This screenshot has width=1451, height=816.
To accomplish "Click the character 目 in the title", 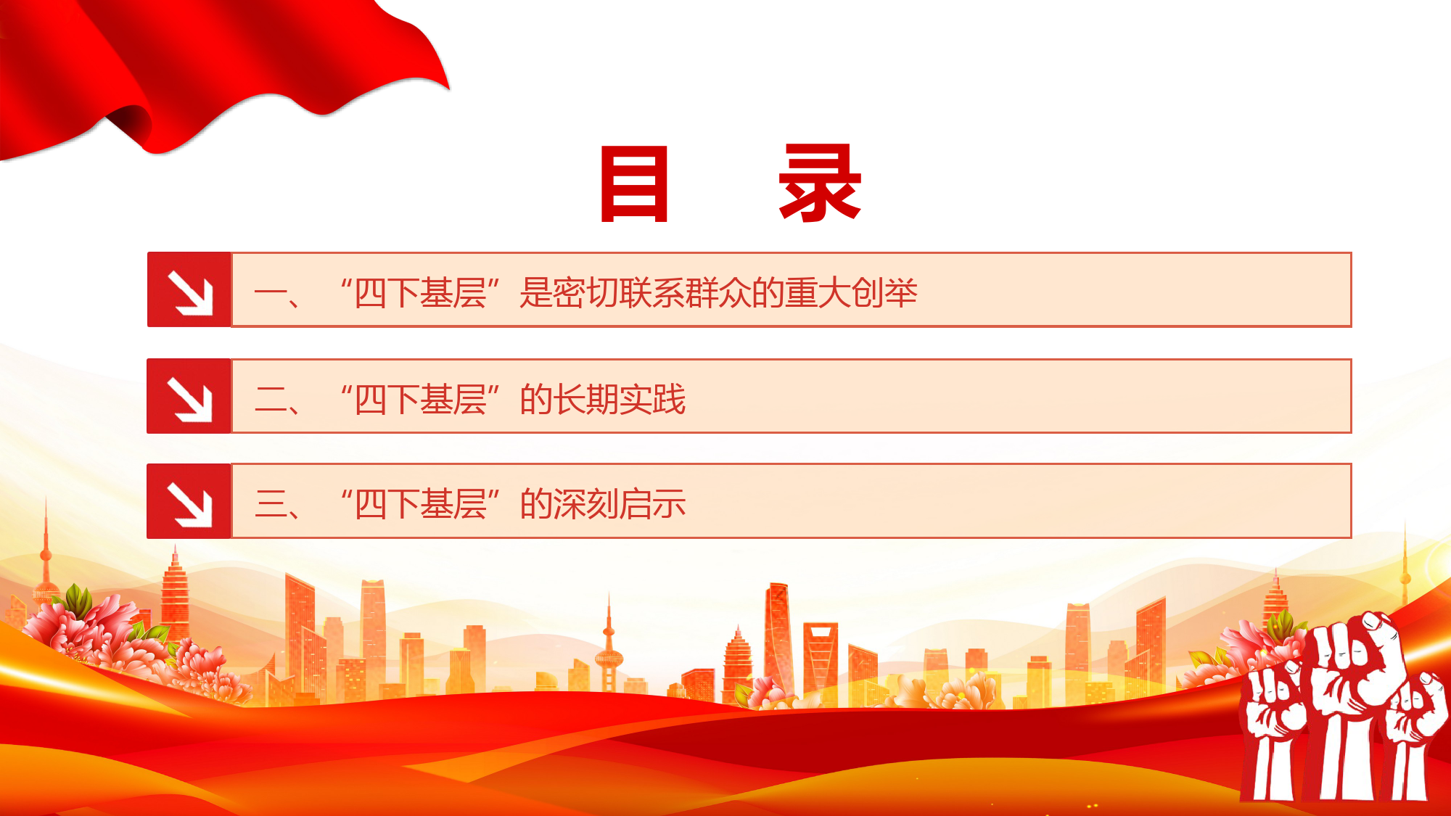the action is (634, 184).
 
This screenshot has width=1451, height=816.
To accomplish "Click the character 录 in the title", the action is (820, 183).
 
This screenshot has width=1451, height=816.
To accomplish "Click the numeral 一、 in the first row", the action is (278, 294).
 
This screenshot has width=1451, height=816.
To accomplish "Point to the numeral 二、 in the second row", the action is (278, 400).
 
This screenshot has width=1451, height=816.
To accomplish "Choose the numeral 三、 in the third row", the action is (278, 505).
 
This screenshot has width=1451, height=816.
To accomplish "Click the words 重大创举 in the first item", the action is (851, 293).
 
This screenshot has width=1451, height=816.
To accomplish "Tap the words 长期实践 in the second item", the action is (619, 399).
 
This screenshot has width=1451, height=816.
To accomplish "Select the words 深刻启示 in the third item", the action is (619, 504).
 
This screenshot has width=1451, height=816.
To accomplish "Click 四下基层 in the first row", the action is (420, 293).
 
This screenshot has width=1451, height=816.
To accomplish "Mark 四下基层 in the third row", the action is (420, 504).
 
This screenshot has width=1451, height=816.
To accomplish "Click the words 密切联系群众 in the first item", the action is (651, 293).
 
